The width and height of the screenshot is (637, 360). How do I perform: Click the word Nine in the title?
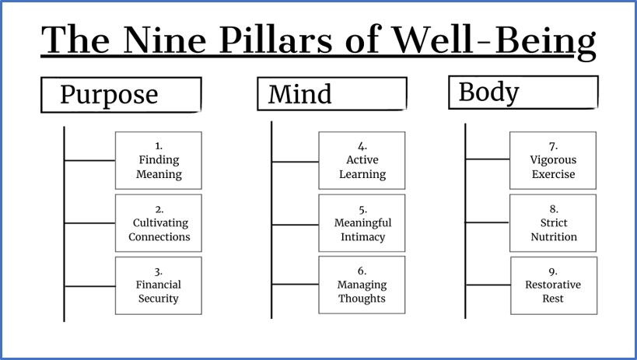pyautogui.click(x=164, y=40)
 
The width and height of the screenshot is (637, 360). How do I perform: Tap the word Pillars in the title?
pyautogui.click(x=276, y=40)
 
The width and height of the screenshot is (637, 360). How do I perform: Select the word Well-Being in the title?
pyautogui.click(x=494, y=42)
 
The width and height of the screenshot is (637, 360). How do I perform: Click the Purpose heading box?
pyautogui.click(x=121, y=95)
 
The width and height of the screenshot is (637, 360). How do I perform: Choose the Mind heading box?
pyautogui.click(x=332, y=93)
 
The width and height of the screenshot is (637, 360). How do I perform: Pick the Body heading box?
pyautogui.click(x=523, y=93)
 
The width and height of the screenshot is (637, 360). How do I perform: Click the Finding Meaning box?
pyautogui.click(x=159, y=160)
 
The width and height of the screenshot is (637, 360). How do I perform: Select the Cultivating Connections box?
pyautogui.click(x=159, y=223)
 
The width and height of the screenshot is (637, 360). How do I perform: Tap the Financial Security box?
pyautogui.click(x=159, y=285)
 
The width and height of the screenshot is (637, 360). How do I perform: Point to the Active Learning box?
pyautogui.click(x=362, y=160)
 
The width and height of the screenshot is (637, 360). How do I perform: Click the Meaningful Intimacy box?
pyautogui.click(x=362, y=223)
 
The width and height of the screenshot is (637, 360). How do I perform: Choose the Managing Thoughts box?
pyautogui.click(x=362, y=285)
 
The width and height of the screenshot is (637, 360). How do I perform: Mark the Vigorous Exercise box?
pyautogui.click(x=553, y=160)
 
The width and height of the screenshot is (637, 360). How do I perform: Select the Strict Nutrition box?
pyautogui.click(x=553, y=223)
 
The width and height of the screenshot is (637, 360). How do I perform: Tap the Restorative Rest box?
pyautogui.click(x=554, y=285)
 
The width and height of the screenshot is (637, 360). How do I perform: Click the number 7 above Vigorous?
pyautogui.click(x=553, y=146)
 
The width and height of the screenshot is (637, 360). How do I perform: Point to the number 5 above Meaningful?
pyautogui.click(x=362, y=210)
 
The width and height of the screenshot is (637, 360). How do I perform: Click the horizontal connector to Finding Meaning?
pyautogui.click(x=89, y=160)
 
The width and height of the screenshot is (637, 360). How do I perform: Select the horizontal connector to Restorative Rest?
pyautogui.click(x=488, y=285)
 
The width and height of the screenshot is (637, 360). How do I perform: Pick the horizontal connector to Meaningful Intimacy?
pyautogui.click(x=296, y=225)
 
